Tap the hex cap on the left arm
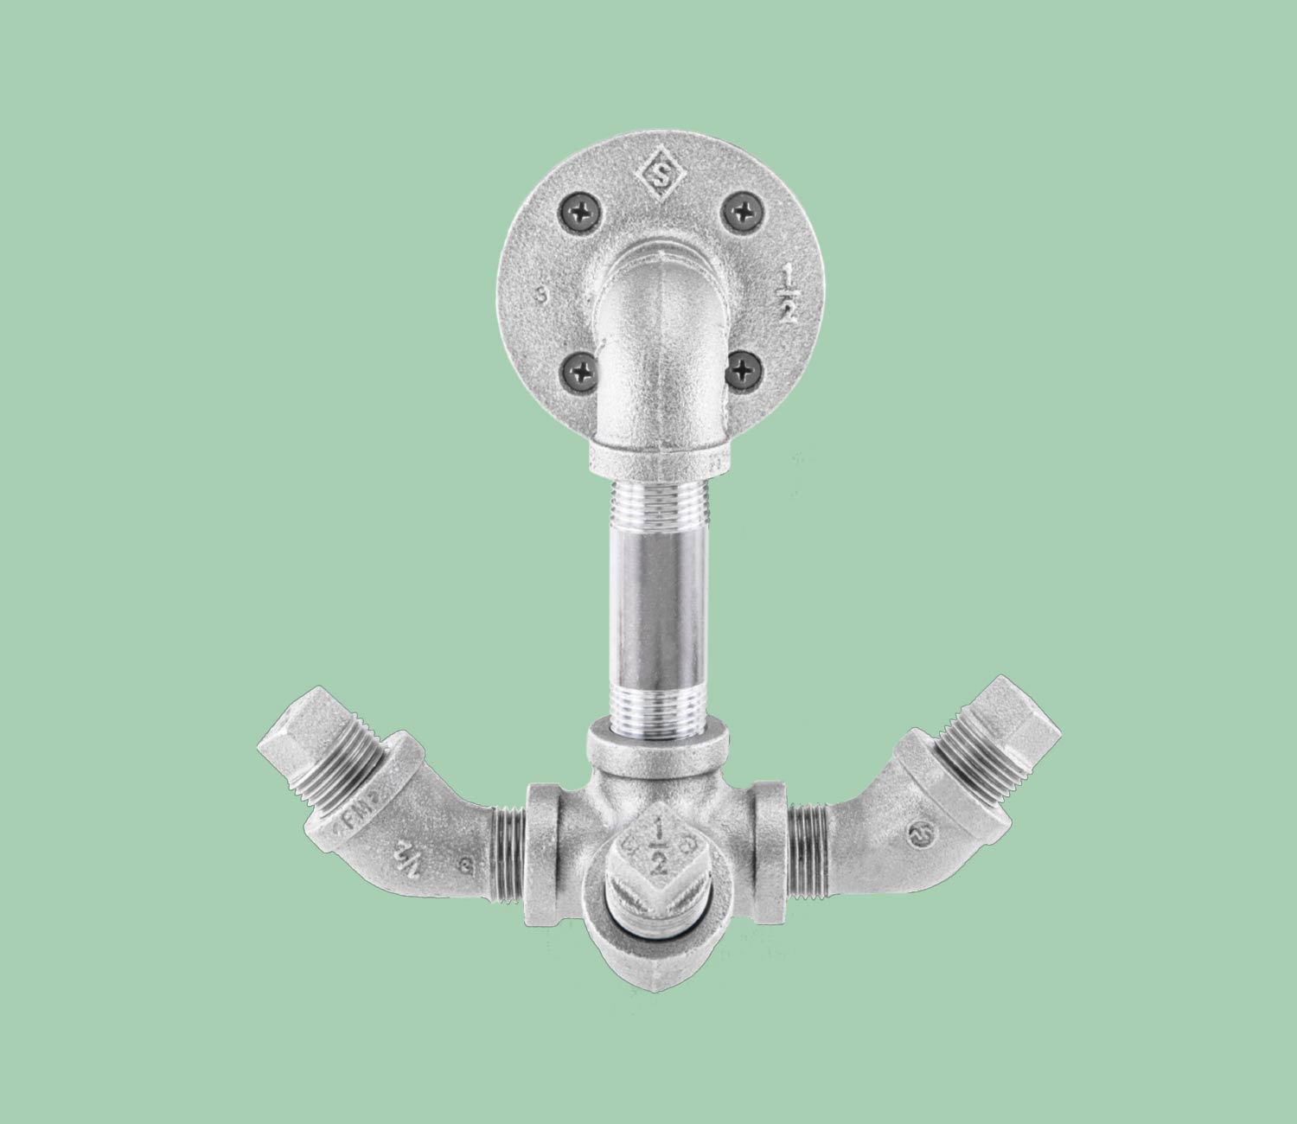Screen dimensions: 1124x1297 (290, 734)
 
